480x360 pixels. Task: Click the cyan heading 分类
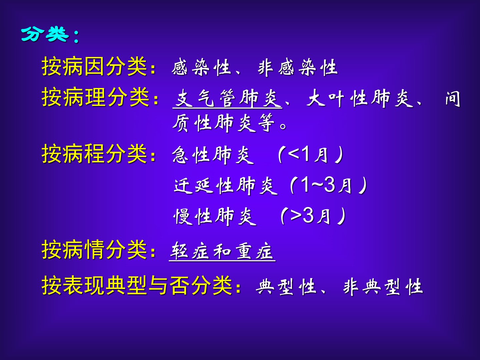point(45,34)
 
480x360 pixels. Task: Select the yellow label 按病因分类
point(94,66)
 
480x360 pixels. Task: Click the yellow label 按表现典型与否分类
point(137,285)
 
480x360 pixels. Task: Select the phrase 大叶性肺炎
point(360,99)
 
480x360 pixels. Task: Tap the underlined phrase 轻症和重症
point(222,252)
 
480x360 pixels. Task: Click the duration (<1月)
point(310,155)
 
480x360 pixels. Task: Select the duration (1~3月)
point(328,185)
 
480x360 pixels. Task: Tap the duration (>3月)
point(313,216)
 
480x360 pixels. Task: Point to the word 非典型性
point(383,287)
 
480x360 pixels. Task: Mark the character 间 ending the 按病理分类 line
point(453,99)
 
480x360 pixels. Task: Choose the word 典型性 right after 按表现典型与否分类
point(286,287)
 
